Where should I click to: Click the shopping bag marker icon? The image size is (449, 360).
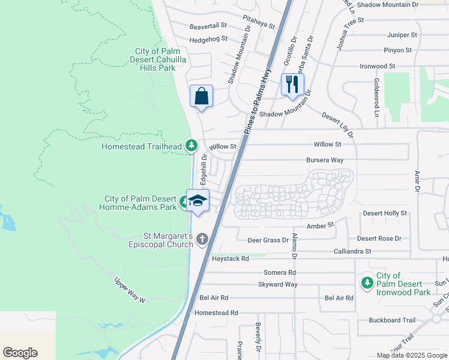click(201, 96)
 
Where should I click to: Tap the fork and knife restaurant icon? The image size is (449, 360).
click(292, 83)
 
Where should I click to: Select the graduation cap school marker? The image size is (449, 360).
click(197, 200)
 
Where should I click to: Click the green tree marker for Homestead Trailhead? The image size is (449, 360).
click(191, 145)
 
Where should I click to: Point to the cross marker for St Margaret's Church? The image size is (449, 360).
click(202, 239)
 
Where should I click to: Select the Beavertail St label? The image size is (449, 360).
click(208, 26)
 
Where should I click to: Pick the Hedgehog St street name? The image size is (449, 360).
click(208, 39)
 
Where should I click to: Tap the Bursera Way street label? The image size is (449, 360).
click(325, 160)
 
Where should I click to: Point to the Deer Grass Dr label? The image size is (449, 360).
click(268, 240)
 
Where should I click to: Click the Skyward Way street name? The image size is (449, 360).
click(277, 284)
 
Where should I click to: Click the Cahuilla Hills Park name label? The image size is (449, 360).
click(152, 60)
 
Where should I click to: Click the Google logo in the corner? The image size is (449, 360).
click(20, 353)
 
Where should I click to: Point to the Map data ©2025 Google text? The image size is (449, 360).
click(411, 355)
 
